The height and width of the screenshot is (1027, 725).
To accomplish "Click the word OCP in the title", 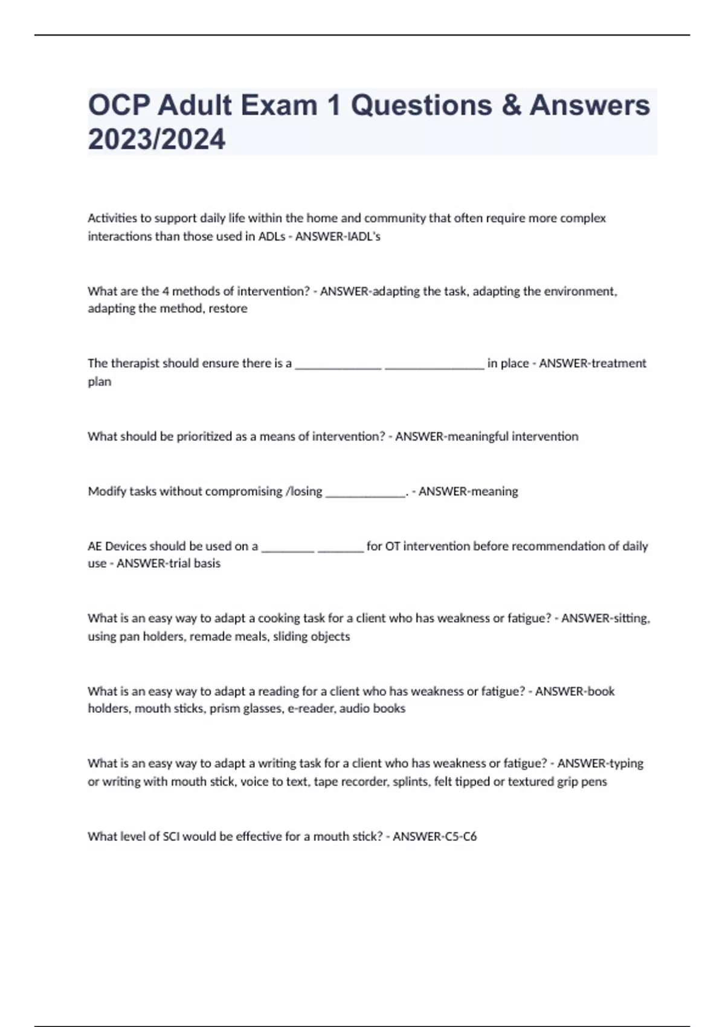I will (x=118, y=106).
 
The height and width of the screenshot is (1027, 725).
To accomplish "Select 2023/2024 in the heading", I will (x=156, y=140).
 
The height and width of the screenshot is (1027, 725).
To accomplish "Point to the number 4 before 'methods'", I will (x=165, y=291).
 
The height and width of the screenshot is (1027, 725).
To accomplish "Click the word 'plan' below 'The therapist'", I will (x=99, y=382).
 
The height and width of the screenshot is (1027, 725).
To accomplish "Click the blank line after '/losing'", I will (x=365, y=492).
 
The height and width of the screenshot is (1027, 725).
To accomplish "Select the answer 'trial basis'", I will (x=194, y=564).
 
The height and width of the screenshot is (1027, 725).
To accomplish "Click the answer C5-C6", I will (x=456, y=837).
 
